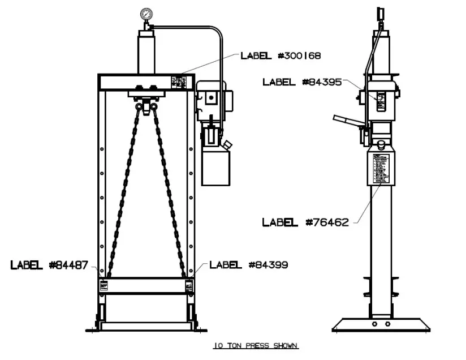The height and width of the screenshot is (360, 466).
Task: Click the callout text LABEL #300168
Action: [281, 55]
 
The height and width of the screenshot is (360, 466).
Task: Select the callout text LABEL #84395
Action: [302, 82]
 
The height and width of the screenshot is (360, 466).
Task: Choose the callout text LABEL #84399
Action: [249, 264]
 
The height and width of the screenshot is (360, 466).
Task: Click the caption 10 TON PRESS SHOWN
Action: [255, 345]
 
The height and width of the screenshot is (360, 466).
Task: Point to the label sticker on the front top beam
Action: [179, 82]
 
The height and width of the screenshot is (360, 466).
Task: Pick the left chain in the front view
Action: [123, 192]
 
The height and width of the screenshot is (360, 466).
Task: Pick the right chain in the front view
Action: [170, 192]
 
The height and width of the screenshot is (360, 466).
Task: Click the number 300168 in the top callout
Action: [299, 55]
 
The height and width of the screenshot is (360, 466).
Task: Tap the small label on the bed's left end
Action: [104, 285]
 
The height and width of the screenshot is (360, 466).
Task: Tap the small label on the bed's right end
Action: [188, 285]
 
